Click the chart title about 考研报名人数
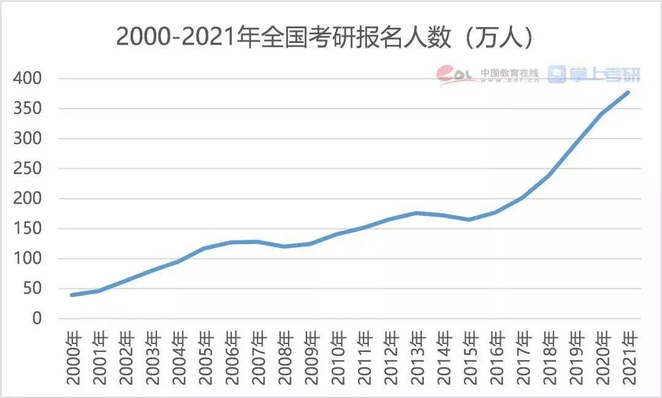325,38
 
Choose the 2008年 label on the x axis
284,358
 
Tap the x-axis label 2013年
417,358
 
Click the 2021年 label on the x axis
628,358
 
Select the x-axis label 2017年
522,358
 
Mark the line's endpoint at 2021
628,93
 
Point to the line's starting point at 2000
73,295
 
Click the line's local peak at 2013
417,213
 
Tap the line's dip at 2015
470,220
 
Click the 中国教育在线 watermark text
509,72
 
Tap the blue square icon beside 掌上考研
557,75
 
